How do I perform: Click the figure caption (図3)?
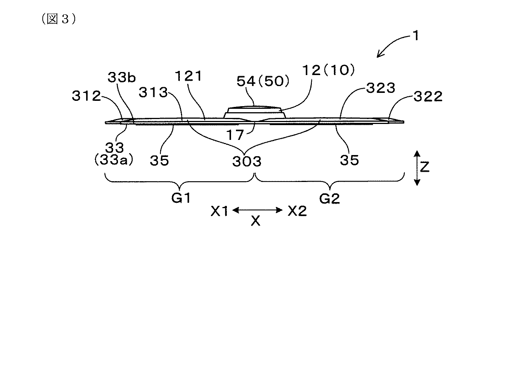58,19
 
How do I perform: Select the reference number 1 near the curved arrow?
416,36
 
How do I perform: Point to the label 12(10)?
328,71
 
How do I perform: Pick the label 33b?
121,78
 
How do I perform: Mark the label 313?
153,92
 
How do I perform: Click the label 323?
381,88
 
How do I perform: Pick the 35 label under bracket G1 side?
159,160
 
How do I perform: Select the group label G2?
329,198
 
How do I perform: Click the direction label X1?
220,211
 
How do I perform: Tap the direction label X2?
297,211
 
